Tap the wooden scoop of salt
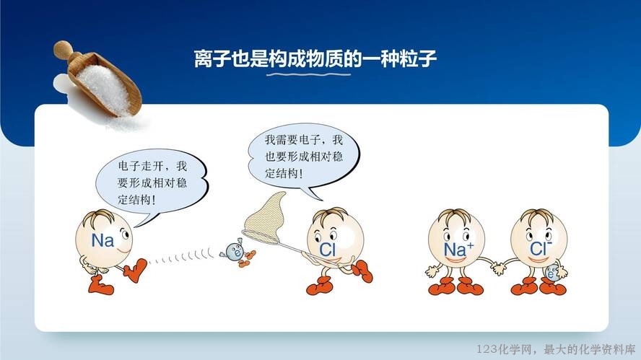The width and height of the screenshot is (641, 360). [98, 79]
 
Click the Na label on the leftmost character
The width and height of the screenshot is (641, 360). [103, 240]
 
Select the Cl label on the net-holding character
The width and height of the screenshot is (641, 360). [327, 250]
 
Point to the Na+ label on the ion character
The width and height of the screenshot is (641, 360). [458, 249]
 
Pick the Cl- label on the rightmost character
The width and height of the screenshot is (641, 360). [541, 248]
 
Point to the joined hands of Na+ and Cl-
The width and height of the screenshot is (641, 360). [498, 268]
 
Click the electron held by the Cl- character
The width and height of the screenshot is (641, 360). [551, 273]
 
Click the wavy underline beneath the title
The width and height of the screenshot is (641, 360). [309, 74]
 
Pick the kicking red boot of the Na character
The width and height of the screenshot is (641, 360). [136, 270]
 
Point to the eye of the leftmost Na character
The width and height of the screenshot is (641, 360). [124, 234]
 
